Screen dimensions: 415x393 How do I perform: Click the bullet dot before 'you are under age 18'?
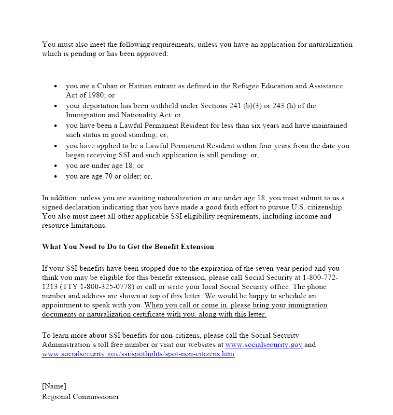coord(56,166)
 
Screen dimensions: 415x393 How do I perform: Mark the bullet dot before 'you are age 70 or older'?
coord(56,177)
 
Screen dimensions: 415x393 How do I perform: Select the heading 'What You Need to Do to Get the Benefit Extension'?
coord(128,247)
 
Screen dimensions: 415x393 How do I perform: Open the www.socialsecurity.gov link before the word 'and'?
coord(264,345)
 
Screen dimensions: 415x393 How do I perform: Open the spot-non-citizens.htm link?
coord(138,354)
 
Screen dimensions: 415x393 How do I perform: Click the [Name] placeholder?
coord(54,386)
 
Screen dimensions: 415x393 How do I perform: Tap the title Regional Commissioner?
coord(80,397)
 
